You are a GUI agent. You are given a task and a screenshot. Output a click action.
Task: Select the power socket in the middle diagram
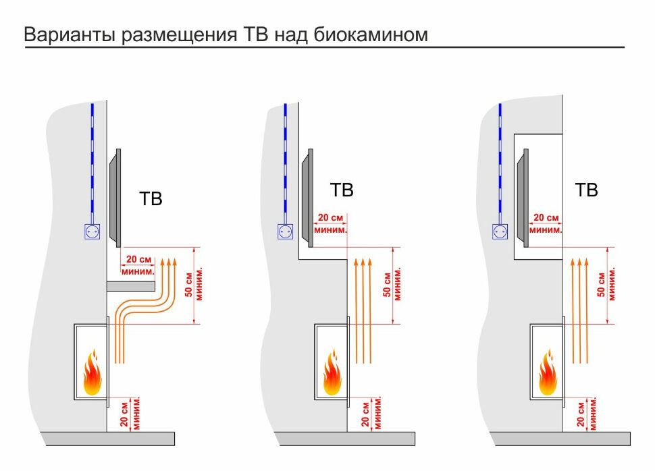[286, 231]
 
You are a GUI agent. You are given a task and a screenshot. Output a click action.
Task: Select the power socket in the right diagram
[500, 231]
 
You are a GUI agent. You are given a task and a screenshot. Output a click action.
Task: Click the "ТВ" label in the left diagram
[151, 199]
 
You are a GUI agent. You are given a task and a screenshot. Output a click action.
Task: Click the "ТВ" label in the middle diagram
[342, 190]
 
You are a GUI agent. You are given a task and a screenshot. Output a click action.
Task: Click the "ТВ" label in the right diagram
[586, 190]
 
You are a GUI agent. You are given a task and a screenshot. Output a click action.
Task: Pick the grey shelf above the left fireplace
[131, 286]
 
